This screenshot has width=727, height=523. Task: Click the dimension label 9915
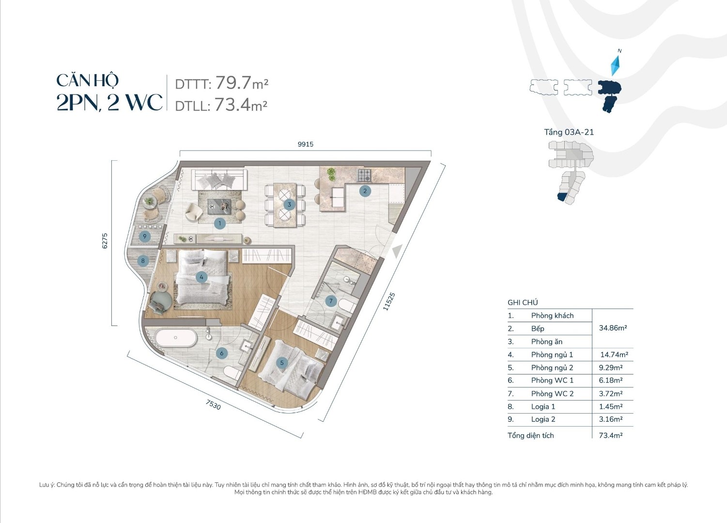point(306,144)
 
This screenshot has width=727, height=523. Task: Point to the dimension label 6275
point(105,241)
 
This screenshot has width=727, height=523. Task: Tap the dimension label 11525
point(389,301)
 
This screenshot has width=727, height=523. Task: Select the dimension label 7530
point(213,404)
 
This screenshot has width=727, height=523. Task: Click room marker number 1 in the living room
point(220,223)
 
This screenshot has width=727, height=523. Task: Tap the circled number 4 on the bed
point(201,277)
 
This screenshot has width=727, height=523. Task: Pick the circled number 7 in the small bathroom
point(331,301)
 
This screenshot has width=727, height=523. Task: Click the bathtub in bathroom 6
point(176,338)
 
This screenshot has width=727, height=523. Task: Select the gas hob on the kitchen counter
point(364,175)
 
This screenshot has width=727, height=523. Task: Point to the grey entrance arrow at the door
point(397,251)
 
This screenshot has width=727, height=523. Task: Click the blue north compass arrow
point(616,65)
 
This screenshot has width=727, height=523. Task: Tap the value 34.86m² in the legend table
point(613,328)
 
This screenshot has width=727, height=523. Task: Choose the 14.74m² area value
point(614,354)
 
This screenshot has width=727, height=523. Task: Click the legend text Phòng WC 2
point(552,394)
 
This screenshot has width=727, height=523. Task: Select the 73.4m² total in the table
point(611,435)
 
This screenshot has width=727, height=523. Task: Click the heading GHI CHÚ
point(523,302)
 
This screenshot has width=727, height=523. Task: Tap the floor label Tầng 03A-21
point(569,132)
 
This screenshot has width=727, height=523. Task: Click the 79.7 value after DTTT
point(233,83)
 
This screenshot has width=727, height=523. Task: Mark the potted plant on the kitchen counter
point(331,174)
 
